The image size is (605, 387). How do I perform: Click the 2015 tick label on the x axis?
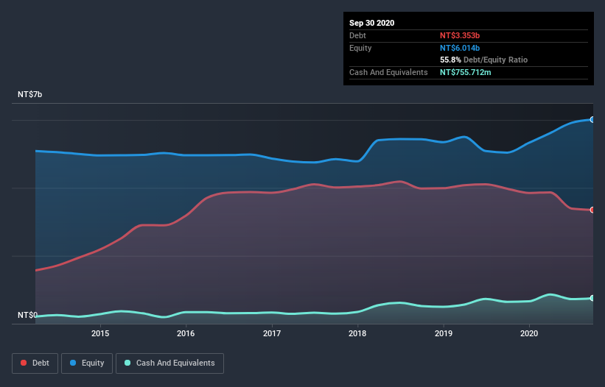[x=100, y=333]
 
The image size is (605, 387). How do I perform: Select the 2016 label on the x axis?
[x=186, y=333]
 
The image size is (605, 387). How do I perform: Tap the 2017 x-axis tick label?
[x=272, y=333]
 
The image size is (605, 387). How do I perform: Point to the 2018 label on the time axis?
[x=358, y=333]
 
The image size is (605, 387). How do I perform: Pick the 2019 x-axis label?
[x=444, y=333]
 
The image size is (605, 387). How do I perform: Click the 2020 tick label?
[x=529, y=333]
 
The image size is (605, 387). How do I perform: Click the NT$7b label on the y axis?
[x=30, y=95]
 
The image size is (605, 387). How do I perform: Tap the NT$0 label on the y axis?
[x=27, y=316]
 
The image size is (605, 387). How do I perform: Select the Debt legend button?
[x=35, y=363]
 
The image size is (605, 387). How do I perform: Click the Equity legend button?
[x=87, y=363]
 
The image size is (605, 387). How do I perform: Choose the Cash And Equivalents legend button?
[x=169, y=363]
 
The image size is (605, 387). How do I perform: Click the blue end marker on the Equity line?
[x=592, y=119]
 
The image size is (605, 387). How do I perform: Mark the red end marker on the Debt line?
[x=592, y=210]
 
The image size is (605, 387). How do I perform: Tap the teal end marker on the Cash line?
[x=592, y=298]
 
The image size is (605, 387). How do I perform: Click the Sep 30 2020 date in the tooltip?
[x=371, y=23]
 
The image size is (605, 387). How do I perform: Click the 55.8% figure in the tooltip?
[x=450, y=60]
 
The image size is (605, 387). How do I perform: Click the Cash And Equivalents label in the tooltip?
[x=388, y=72]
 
